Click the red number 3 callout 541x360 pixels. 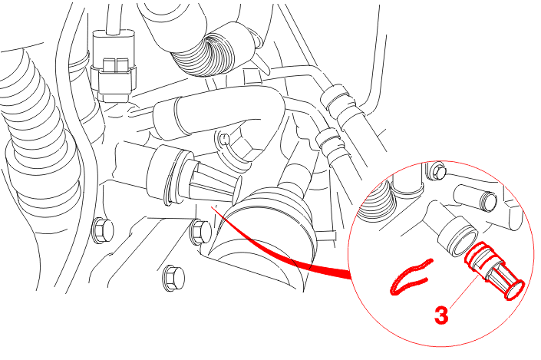[x=441, y=315]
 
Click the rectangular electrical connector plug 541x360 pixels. [x=114, y=65]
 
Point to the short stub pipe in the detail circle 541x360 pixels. [x=477, y=197]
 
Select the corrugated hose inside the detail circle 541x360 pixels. [x=375, y=200]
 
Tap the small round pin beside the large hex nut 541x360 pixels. [x=224, y=139]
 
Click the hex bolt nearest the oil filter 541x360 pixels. [x=200, y=231]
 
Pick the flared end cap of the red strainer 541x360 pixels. [x=514, y=290]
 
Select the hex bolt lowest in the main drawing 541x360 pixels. [x=173, y=278]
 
